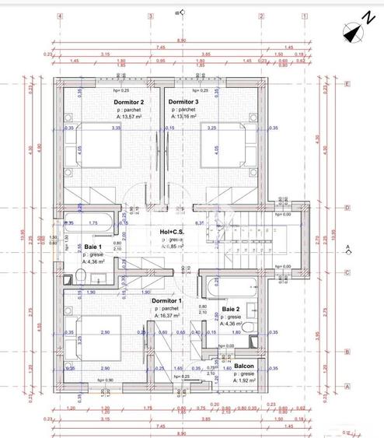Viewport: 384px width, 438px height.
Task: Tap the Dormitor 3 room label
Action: click(x=183, y=102)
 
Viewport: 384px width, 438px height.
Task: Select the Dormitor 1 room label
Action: click(x=168, y=301)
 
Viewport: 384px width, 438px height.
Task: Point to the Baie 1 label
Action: click(x=93, y=246)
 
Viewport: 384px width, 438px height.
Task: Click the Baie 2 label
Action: click(x=231, y=309)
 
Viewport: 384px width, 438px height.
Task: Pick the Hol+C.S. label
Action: click(x=173, y=233)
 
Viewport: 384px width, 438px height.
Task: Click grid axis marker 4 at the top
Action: click(x=59, y=16)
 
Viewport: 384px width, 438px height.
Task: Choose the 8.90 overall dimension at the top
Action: click(x=181, y=40)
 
